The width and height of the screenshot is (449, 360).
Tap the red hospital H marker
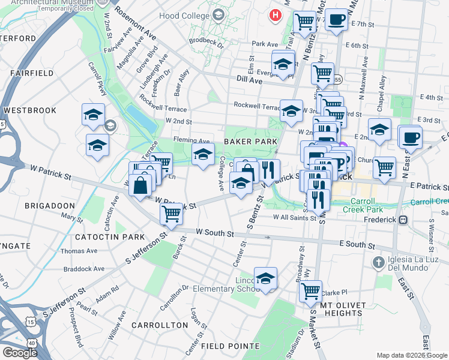tap(276, 15)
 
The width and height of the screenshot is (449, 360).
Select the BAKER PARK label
tap(250, 142)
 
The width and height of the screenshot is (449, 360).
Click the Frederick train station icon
tap(403, 220)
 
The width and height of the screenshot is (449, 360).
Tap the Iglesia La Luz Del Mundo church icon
tap(378, 262)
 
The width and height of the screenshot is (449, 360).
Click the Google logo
tap(19, 352)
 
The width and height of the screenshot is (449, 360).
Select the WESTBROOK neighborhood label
tap(29, 111)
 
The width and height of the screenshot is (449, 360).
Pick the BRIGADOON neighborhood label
tap(50, 205)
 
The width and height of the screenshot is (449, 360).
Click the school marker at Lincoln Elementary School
tap(265, 278)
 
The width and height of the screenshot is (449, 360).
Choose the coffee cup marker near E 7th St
tap(336, 20)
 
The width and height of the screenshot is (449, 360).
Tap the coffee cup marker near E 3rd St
tap(411, 136)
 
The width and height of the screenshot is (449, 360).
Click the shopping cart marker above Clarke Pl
tap(310, 291)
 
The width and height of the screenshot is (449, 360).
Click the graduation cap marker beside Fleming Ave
tap(203, 154)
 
